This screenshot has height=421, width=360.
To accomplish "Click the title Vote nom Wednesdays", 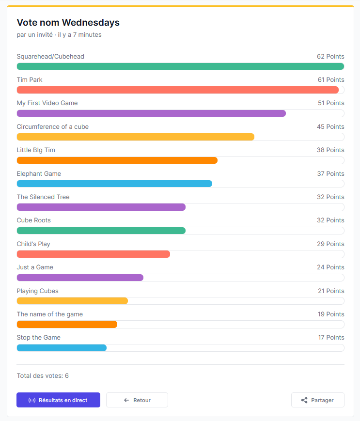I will pos(68,22).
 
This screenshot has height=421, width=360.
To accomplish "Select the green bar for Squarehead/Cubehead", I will pos(180,66).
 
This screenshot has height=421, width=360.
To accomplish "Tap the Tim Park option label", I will pos(30,79).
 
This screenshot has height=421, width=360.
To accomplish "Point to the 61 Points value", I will pos(331,79).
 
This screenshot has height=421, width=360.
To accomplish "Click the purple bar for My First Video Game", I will pos(151,113).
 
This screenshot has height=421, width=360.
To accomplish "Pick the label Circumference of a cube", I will pos(52,126).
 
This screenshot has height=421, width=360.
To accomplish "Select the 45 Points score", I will pos(330,126).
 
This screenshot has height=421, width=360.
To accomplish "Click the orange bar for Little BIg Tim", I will pos(117,160).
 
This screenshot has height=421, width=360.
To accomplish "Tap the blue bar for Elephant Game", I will pos(114,184).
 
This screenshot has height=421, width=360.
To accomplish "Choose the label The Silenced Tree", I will pos(43,197).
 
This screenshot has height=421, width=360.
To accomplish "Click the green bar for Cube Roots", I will pos(101,231).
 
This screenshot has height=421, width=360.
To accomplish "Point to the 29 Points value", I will pos(330,244).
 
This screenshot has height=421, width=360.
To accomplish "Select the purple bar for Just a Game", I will pos(80,278).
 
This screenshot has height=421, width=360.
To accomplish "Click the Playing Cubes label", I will pos(37,291).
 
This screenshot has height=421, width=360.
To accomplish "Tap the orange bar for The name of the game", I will pos(67,324).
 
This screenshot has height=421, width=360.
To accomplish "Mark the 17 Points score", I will pos(331,337).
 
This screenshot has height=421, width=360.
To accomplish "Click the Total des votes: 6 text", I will pos(43,375).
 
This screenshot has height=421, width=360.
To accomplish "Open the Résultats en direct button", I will pos(58,400).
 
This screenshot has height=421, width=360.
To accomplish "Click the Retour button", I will pos(137,400).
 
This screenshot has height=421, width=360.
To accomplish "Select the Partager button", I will pos(317,400).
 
